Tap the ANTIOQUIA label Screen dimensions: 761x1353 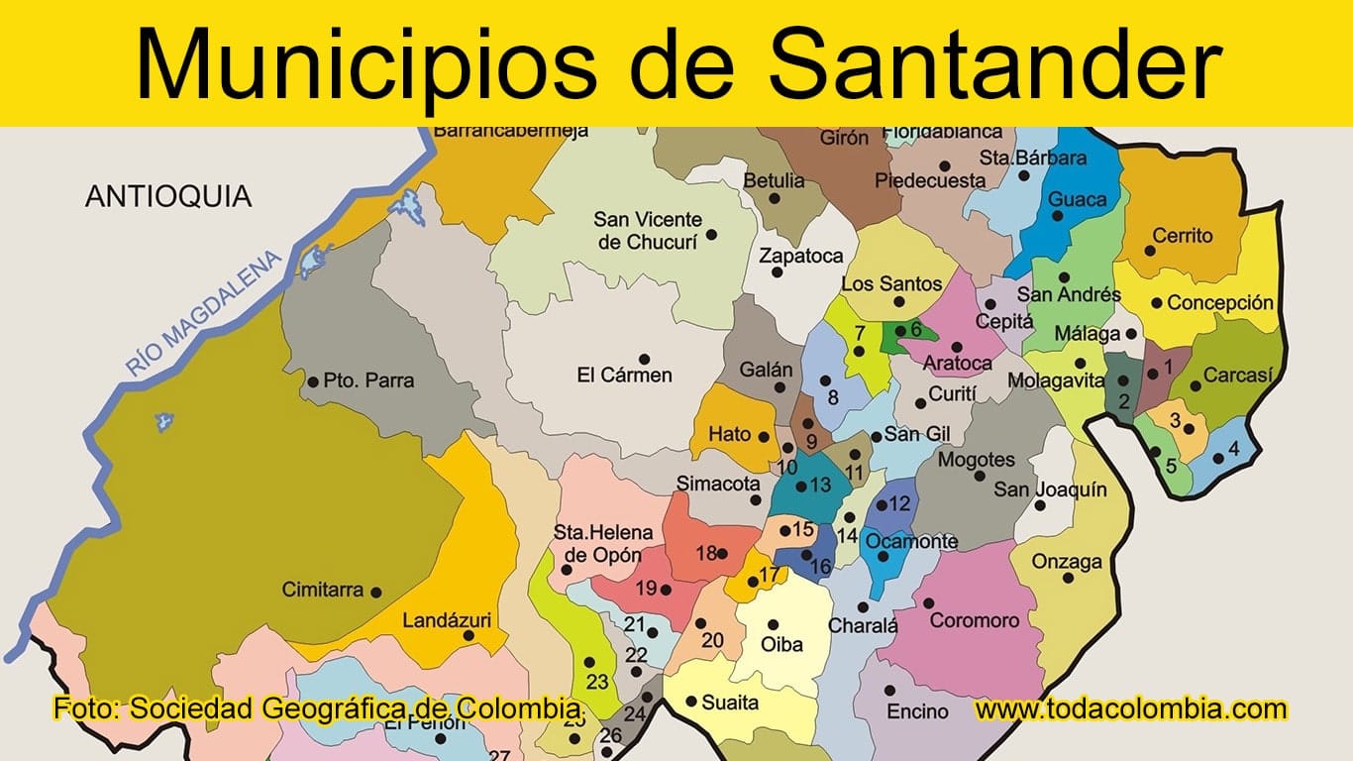tap(168, 196)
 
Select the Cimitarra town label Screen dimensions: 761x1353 tap(323, 590)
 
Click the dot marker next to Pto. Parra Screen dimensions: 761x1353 tap(313, 380)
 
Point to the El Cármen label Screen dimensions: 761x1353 tap(624, 376)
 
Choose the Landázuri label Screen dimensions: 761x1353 tap(447, 621)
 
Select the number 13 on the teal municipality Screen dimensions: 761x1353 tap(820, 485)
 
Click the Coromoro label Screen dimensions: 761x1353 tap(974, 620)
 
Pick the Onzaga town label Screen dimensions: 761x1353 tap(1067, 562)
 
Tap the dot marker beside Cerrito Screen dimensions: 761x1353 tap(1150, 251)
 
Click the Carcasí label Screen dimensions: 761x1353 tap(1237, 376)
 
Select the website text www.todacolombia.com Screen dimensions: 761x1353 tap(1130, 708)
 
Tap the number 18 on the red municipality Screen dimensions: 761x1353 tap(705, 553)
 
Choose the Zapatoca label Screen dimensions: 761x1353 tap(800, 256)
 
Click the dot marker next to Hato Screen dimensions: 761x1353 tap(763, 435)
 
